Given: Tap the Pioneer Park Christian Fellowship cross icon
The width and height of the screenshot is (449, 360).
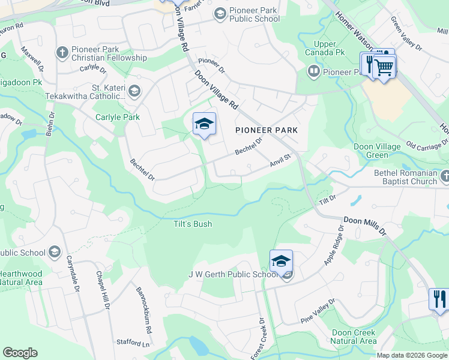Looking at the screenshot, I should coord(61,53).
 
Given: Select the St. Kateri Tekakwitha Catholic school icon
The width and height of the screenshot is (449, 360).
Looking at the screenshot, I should coord(134,92).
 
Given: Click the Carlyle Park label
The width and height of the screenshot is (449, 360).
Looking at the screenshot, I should coord(116,117).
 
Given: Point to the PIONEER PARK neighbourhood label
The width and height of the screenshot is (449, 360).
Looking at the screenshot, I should coord(267,130).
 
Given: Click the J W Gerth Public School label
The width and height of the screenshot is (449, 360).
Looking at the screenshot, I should coord(233,275).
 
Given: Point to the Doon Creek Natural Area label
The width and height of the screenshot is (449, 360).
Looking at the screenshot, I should coord(354,337).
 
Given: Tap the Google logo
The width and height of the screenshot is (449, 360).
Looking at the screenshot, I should coord(20,353).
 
